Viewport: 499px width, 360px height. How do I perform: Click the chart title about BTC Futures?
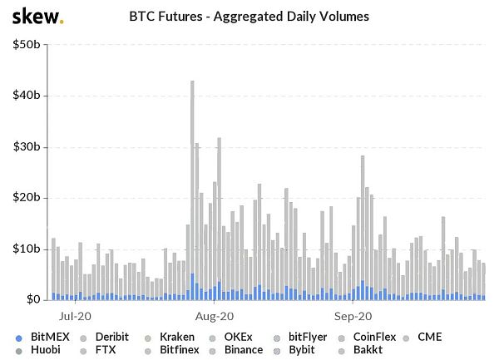tap(249, 16)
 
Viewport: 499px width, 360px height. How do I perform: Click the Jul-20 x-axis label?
tap(76, 317)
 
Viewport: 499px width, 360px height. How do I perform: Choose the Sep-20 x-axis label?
tap(353, 317)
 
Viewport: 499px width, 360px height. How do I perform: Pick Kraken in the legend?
tap(175, 337)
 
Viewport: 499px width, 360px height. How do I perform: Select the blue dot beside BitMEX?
tap(19, 338)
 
